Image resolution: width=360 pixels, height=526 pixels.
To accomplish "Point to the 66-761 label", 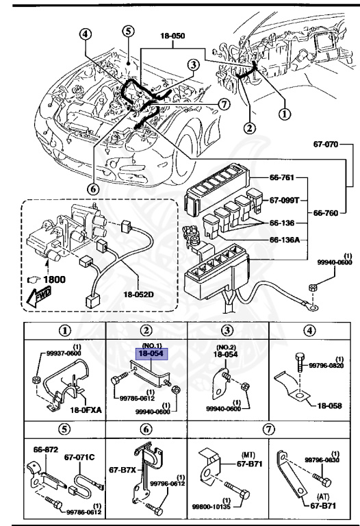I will coord(277,179).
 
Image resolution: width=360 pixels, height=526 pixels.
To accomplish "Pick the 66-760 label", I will coord(327,213).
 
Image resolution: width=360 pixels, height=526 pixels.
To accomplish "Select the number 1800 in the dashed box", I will coord(57,279).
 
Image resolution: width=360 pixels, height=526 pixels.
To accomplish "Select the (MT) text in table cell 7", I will coord(248,454).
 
